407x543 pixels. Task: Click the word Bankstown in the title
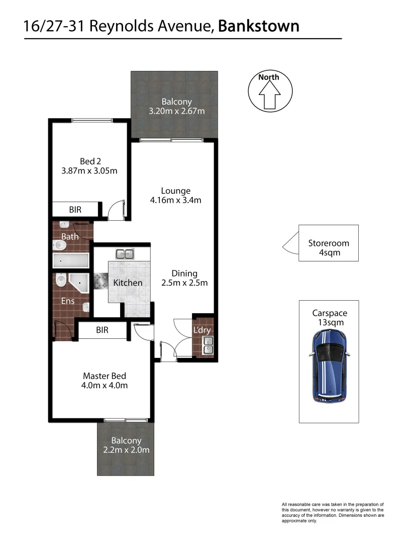click(x=259, y=26)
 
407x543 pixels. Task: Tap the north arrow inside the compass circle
click(x=269, y=94)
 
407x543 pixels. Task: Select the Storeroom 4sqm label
click(x=329, y=248)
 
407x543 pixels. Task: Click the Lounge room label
click(x=176, y=196)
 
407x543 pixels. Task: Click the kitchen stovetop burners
click(x=100, y=282)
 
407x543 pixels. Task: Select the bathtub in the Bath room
click(x=71, y=261)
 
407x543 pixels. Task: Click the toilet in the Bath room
click(x=59, y=245)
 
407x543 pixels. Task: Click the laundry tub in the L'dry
click(x=207, y=344)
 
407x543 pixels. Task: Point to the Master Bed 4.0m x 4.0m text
click(x=105, y=381)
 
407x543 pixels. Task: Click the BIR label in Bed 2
click(x=75, y=209)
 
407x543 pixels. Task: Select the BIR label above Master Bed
click(x=103, y=330)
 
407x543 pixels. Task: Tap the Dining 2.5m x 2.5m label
click(x=184, y=278)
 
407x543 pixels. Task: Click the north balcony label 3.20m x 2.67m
click(x=176, y=107)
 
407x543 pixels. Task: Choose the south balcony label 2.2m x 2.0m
click(x=126, y=445)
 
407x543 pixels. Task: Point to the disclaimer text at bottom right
click(x=333, y=512)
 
